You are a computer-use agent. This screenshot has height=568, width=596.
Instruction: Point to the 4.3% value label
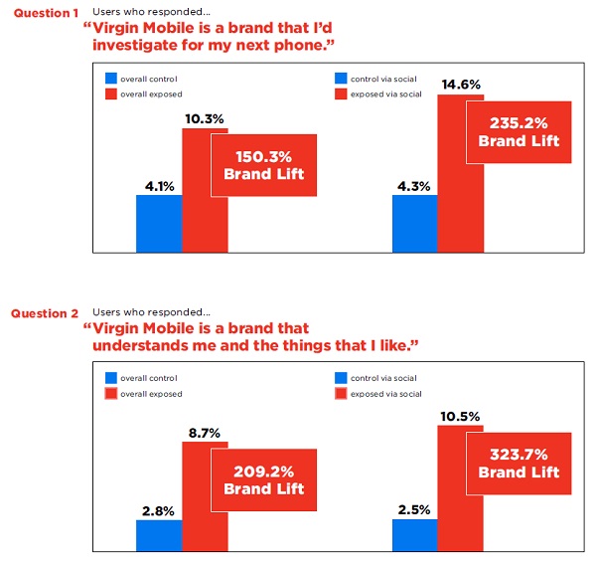[414, 184]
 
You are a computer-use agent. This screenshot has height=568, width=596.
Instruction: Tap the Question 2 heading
[45, 313]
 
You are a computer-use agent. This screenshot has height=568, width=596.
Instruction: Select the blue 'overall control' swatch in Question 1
[112, 78]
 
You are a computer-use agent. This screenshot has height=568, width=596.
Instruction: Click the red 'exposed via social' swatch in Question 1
[342, 94]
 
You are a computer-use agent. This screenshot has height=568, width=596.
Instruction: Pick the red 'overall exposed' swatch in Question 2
[112, 394]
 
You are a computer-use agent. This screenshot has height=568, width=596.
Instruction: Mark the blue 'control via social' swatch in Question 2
[342, 378]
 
